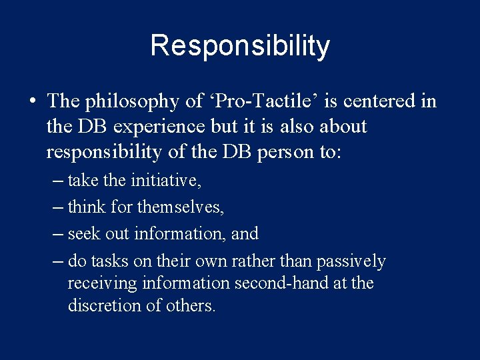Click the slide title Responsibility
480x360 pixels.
[x=240, y=46]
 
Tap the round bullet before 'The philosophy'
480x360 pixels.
[x=32, y=102]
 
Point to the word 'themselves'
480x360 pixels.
[x=180, y=207]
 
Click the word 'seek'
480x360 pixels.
[x=83, y=234]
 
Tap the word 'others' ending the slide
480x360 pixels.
[x=191, y=306]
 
